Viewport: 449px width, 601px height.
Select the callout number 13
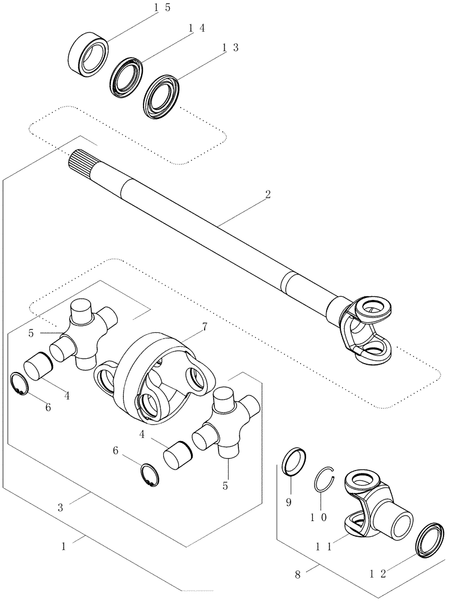click(229, 48)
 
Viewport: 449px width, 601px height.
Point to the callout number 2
click(268, 195)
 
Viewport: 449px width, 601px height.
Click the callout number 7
click(205, 328)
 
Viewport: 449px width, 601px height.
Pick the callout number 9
click(289, 501)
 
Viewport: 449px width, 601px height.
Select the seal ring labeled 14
click(125, 76)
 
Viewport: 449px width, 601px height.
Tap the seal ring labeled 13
click(161, 95)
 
